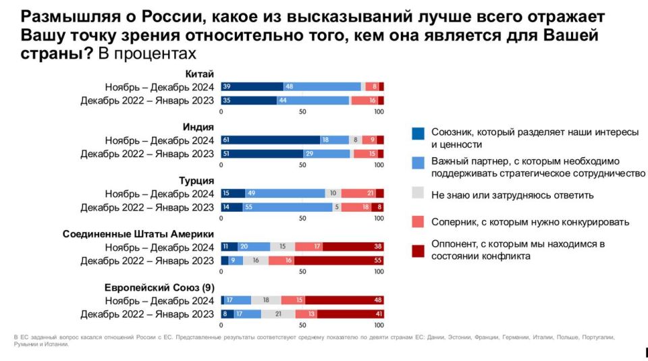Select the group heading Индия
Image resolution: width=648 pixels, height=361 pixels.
pyautogui.click(x=198, y=127)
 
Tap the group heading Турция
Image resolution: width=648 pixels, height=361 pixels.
pyautogui.click(x=197, y=180)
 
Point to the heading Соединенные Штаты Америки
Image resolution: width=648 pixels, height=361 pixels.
pyautogui.click(x=138, y=233)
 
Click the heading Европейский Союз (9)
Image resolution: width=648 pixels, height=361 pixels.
pyautogui.click(x=159, y=287)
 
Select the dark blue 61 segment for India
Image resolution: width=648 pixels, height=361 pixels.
pyautogui.click(x=270, y=140)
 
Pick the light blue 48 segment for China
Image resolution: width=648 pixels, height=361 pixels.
pyautogui.click(x=322, y=86)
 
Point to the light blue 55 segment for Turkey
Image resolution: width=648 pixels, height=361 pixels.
pyautogui.click(x=288, y=207)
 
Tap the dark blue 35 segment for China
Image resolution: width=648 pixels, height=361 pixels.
pyautogui.click(x=248, y=101)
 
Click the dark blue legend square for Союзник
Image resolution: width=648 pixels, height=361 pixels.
pyautogui.click(x=418, y=133)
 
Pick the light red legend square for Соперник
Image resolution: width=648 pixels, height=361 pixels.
pyautogui.click(x=418, y=221)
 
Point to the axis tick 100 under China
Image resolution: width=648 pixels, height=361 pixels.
pyautogui.click(x=379, y=111)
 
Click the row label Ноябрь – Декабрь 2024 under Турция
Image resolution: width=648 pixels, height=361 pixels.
pyautogui.click(x=159, y=194)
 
